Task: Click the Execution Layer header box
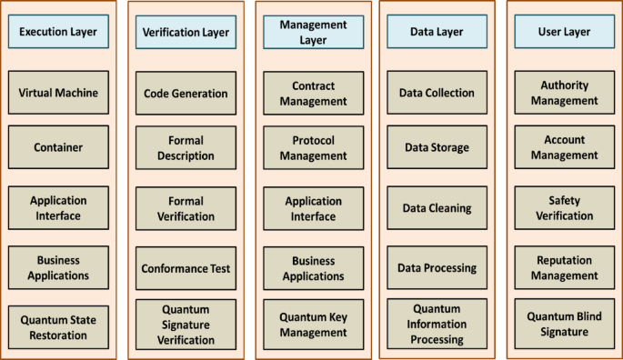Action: [x=58, y=32]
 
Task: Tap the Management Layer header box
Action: [x=313, y=32]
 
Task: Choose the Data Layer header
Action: [x=437, y=32]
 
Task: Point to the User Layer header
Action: [x=565, y=32]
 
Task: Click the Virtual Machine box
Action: [x=58, y=93]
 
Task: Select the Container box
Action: [x=58, y=147]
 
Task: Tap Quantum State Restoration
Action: [x=58, y=327]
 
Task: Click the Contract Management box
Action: [x=313, y=93]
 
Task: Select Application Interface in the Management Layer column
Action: [x=313, y=208]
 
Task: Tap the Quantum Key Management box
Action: [x=313, y=325]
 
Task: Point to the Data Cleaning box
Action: [x=437, y=208]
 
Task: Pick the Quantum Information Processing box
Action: [x=437, y=325]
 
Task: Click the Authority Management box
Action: [x=565, y=93]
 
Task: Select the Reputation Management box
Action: [x=565, y=268]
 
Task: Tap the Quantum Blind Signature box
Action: [x=565, y=324]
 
